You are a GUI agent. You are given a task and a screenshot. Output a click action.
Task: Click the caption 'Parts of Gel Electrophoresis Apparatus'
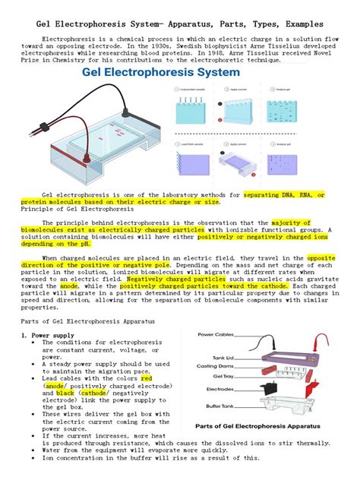(257, 427)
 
